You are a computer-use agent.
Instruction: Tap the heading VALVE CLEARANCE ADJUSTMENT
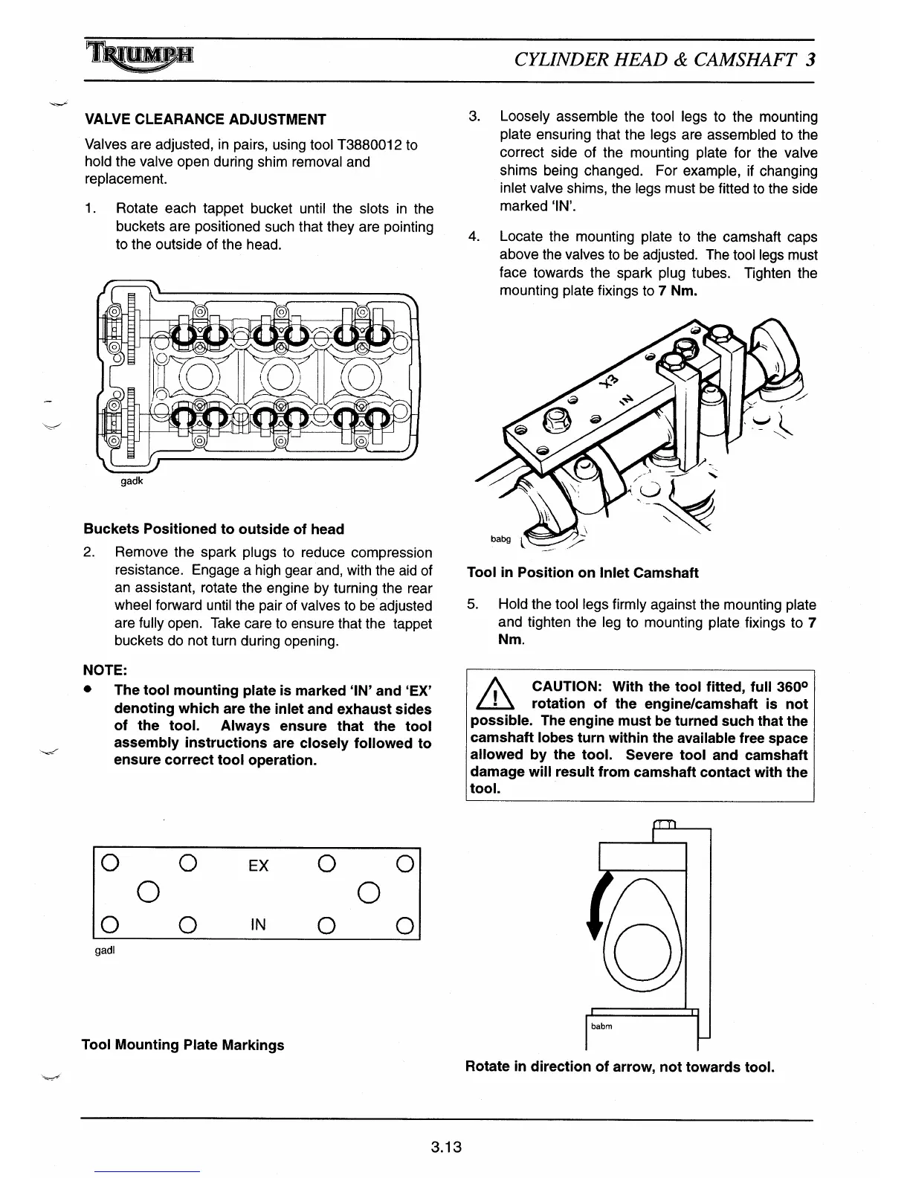(205, 120)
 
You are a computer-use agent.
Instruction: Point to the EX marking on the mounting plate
(258, 866)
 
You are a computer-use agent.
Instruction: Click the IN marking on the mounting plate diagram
(258, 924)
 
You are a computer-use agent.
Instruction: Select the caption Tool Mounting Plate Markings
(183, 1045)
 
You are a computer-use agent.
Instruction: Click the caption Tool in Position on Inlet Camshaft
(583, 573)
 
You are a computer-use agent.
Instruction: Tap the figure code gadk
(132, 481)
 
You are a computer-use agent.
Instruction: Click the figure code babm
(601, 1026)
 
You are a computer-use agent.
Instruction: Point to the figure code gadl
(106, 950)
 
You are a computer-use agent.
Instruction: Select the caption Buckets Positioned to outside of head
(214, 530)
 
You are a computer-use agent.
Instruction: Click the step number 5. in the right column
(473, 605)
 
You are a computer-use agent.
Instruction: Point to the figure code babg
(500, 538)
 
